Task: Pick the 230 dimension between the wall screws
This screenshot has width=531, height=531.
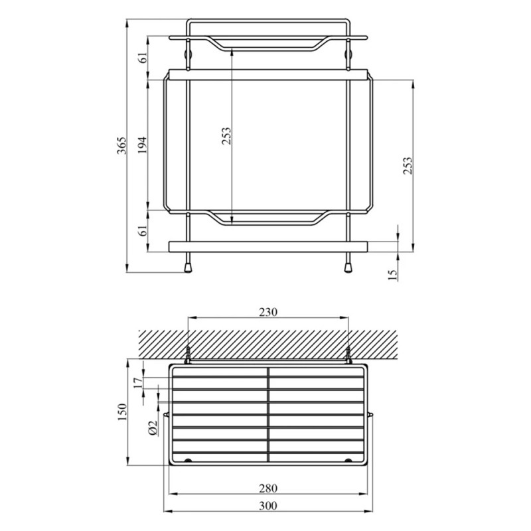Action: [x=268, y=311]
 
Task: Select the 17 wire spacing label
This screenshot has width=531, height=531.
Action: [x=137, y=382]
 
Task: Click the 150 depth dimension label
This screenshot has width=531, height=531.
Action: [x=121, y=413]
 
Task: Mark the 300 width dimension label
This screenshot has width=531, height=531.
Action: [x=268, y=506]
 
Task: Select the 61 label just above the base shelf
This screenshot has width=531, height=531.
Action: [x=142, y=232]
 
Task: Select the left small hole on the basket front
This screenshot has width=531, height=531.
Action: [x=188, y=461]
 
